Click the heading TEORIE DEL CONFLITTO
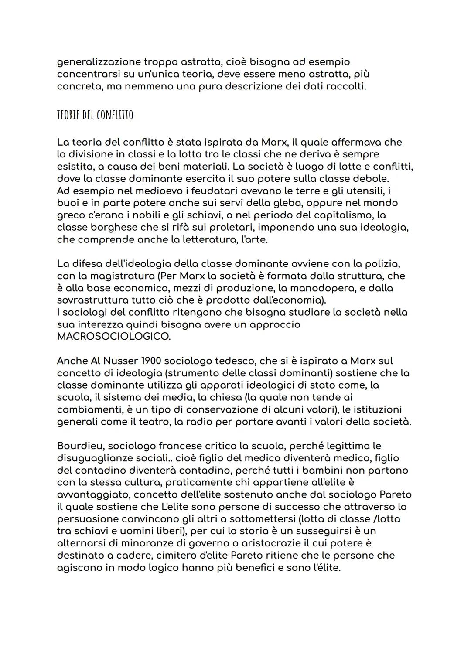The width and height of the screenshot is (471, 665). coord(95,115)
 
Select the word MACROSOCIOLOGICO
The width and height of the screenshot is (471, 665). coord(114,337)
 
